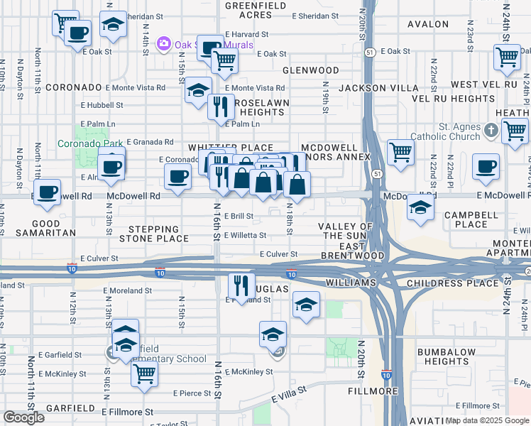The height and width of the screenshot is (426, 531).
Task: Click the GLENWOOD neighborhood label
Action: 311,71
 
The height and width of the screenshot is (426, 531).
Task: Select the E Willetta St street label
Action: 245,235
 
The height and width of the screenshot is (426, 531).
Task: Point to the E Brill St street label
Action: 239,216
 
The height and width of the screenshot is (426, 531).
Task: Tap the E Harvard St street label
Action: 246,34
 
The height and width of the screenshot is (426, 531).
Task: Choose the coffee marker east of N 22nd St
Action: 486,166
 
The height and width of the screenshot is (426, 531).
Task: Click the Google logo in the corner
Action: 23,417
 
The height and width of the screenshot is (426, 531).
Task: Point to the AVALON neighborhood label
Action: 428,24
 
